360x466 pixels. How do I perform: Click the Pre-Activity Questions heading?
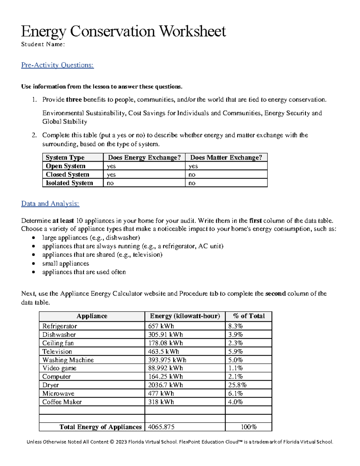click(57, 65)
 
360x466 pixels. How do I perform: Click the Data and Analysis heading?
click(50, 203)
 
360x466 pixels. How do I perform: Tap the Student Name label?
click(43, 44)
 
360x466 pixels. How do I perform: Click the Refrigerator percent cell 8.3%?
click(235, 326)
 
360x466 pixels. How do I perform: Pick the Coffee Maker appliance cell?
click(62, 402)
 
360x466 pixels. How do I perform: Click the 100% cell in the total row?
click(249, 427)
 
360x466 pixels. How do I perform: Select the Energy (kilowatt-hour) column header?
click(185, 316)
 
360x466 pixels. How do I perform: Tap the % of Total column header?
click(249, 316)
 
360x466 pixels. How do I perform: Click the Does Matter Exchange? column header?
click(226, 158)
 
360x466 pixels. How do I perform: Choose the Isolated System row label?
click(69, 183)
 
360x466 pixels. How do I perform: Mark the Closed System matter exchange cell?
click(192, 175)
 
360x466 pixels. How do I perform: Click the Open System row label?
click(65, 166)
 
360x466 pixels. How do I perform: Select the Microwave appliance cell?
click(58, 393)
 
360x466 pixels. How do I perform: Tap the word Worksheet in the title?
click(192, 31)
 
